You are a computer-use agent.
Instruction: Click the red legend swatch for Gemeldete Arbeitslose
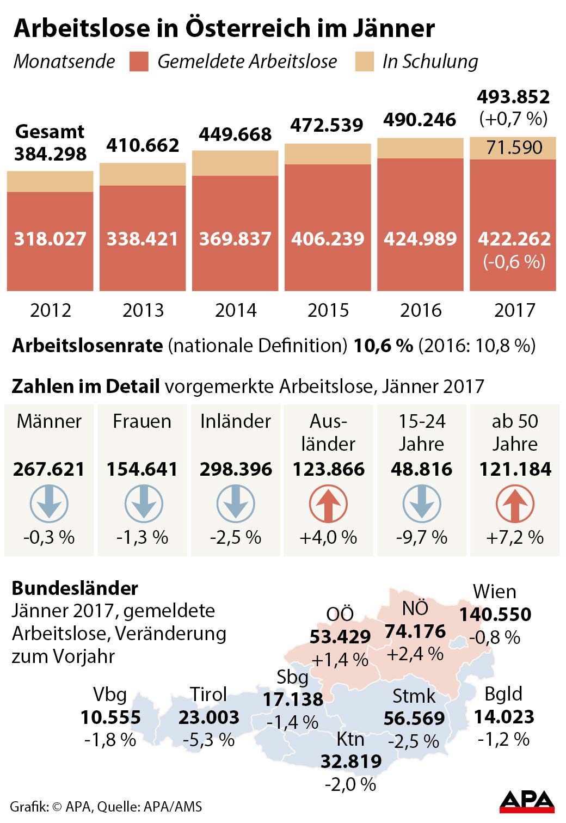(139, 62)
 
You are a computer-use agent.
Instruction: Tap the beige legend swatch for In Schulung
(364, 62)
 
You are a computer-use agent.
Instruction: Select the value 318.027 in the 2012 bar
(50, 238)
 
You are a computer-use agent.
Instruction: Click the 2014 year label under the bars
(236, 310)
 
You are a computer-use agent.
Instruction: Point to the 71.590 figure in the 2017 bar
(514, 148)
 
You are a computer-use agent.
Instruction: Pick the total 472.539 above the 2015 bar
(327, 125)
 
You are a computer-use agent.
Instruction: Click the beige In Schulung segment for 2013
(143, 174)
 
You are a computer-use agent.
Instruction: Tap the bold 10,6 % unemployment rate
(383, 345)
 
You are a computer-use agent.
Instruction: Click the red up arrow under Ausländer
(328, 504)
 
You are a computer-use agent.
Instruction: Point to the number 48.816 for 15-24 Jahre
(421, 469)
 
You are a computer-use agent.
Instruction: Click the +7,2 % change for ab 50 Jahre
(514, 538)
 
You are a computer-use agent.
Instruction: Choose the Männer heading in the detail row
(49, 421)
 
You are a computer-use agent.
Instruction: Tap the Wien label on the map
(494, 592)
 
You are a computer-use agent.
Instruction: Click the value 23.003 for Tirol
(208, 717)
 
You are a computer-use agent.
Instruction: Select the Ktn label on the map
(350, 739)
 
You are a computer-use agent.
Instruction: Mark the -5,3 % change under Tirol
(208, 740)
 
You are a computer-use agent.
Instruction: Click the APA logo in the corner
(526, 801)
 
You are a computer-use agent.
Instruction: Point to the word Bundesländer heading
(75, 588)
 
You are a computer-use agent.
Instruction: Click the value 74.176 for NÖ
(415, 631)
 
